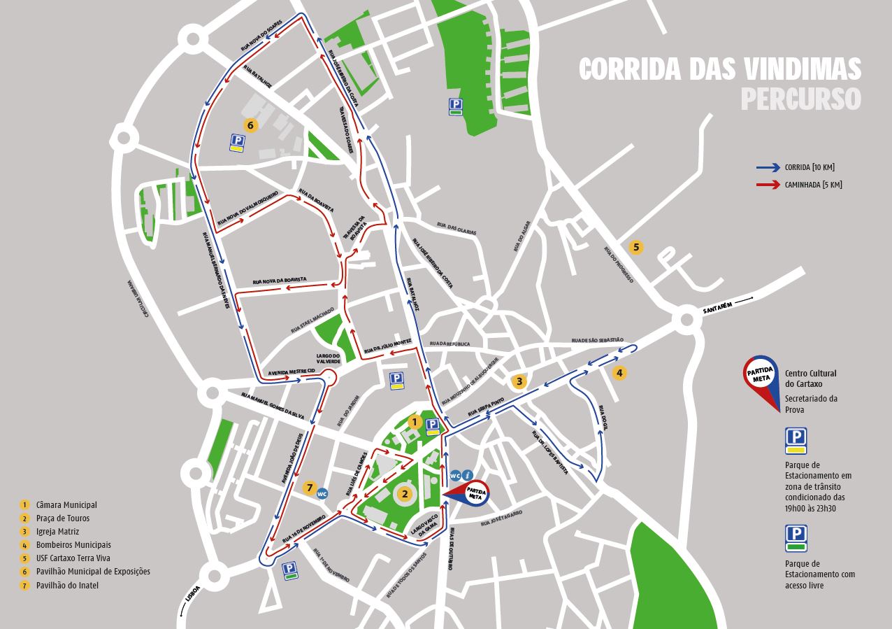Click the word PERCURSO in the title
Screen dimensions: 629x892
800,99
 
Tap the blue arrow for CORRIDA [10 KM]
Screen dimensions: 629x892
768,168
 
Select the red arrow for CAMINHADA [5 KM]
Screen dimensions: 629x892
768,185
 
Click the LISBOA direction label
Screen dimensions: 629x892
193,593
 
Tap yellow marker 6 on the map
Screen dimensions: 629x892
251,125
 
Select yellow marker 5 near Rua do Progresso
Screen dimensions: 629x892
635,247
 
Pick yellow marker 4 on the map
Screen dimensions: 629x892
619,373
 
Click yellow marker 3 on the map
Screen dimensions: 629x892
519,381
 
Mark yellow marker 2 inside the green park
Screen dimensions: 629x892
403,494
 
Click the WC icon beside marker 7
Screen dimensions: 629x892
322,493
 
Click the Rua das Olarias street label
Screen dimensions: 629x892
456,228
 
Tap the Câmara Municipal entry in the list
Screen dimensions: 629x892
66,505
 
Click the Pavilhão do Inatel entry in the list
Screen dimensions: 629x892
67,585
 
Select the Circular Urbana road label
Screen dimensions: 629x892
137,299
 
